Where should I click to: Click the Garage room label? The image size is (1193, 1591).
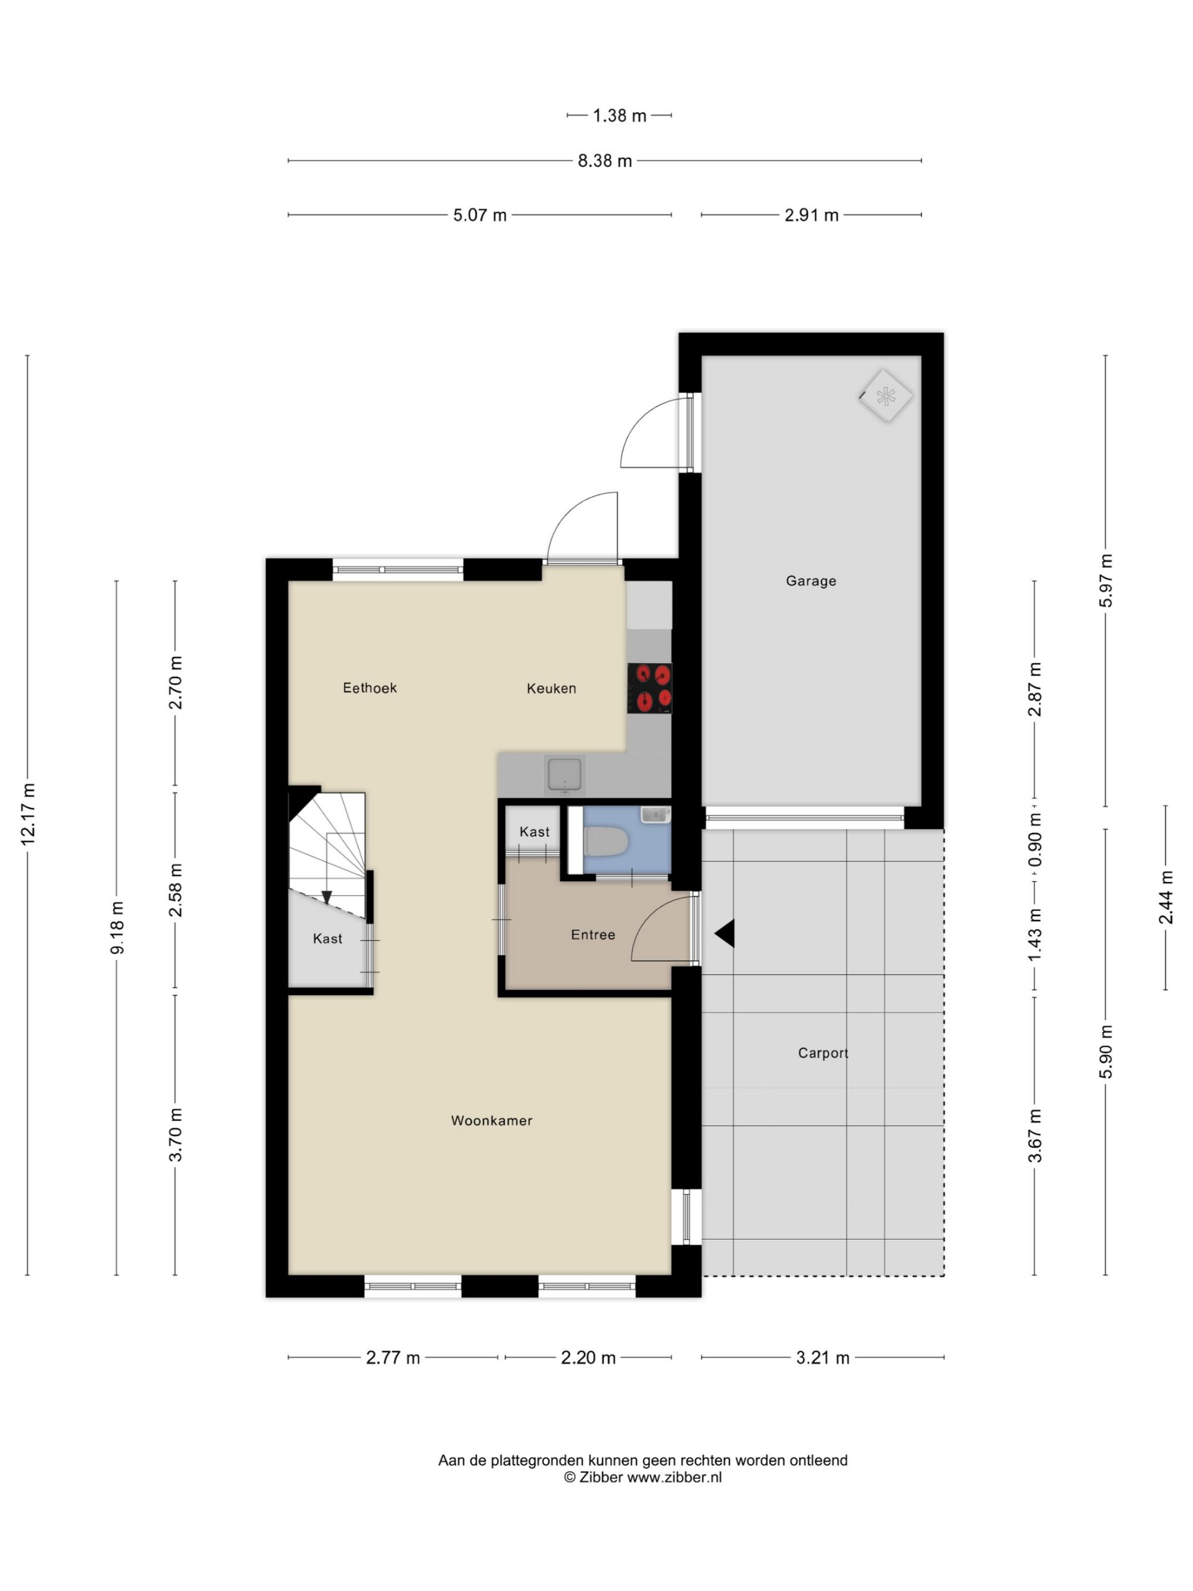[810, 580]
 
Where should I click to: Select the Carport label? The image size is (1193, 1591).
[823, 1053]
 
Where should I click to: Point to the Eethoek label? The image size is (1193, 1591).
[370, 687]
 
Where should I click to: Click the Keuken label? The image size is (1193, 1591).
[551, 689]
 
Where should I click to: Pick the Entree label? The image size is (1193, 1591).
[593, 934]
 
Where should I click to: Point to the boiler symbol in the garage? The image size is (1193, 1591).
[885, 396]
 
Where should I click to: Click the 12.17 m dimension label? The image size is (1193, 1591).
[27, 814]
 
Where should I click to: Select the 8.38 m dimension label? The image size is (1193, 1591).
[604, 161]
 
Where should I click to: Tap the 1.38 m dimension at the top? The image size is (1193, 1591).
[619, 115]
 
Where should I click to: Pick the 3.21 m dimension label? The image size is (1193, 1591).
[823, 1357]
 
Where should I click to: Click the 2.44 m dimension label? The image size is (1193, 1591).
[1166, 897]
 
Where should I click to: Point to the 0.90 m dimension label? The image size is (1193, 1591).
[1034, 840]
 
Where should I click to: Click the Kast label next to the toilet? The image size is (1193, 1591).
[534, 832]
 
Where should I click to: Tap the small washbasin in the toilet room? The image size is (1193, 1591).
[655, 814]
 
